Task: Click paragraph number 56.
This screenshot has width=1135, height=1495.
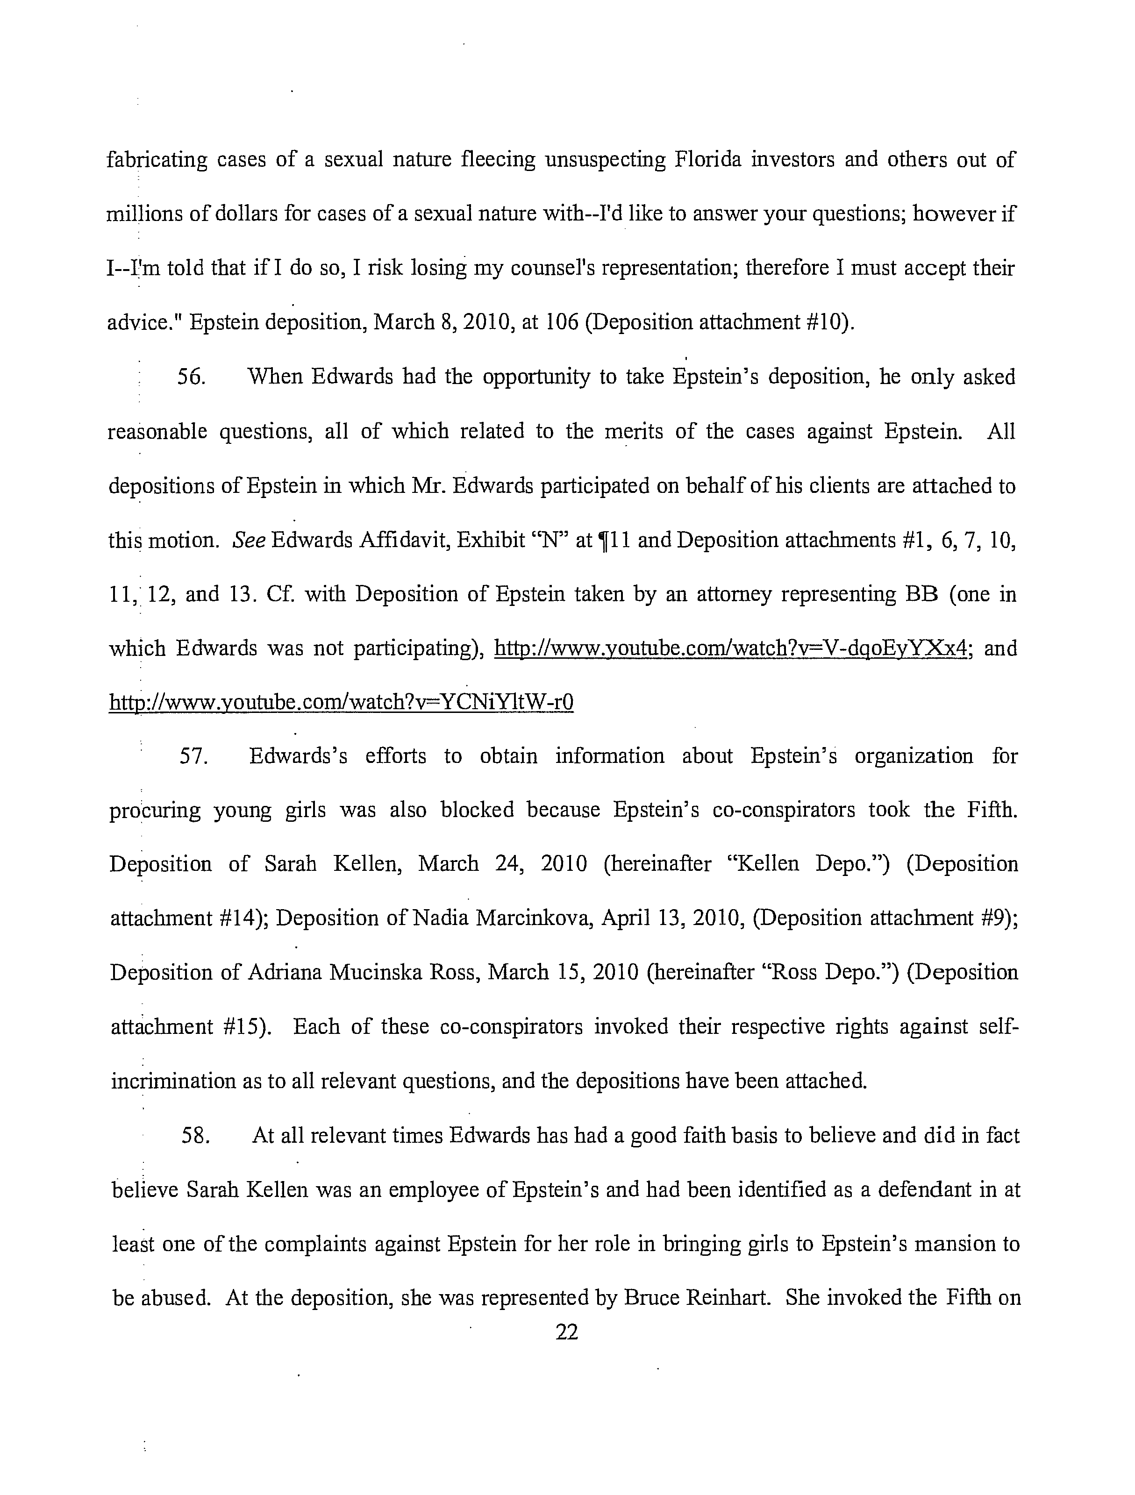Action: (191, 377)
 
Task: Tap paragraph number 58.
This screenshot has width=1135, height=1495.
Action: (196, 1135)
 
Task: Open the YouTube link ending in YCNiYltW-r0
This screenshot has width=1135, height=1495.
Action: (342, 703)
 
